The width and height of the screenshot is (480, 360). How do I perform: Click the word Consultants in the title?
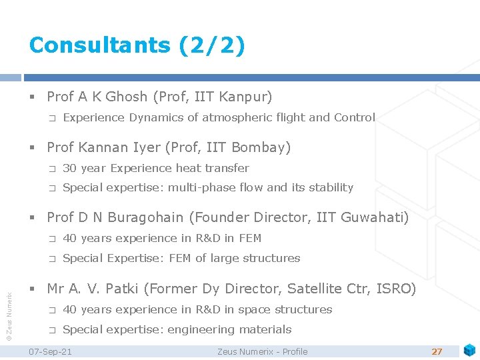(100, 45)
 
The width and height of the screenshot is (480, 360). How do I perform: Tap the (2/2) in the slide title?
(211, 45)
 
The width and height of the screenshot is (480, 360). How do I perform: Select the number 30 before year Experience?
(69, 168)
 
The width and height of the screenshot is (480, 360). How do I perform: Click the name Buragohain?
(153, 217)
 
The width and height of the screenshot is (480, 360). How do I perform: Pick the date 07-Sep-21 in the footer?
(50, 351)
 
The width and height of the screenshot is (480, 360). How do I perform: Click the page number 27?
(437, 351)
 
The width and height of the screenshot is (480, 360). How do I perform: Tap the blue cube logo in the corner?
(469, 349)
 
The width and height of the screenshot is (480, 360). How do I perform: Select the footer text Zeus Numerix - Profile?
(263, 351)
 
